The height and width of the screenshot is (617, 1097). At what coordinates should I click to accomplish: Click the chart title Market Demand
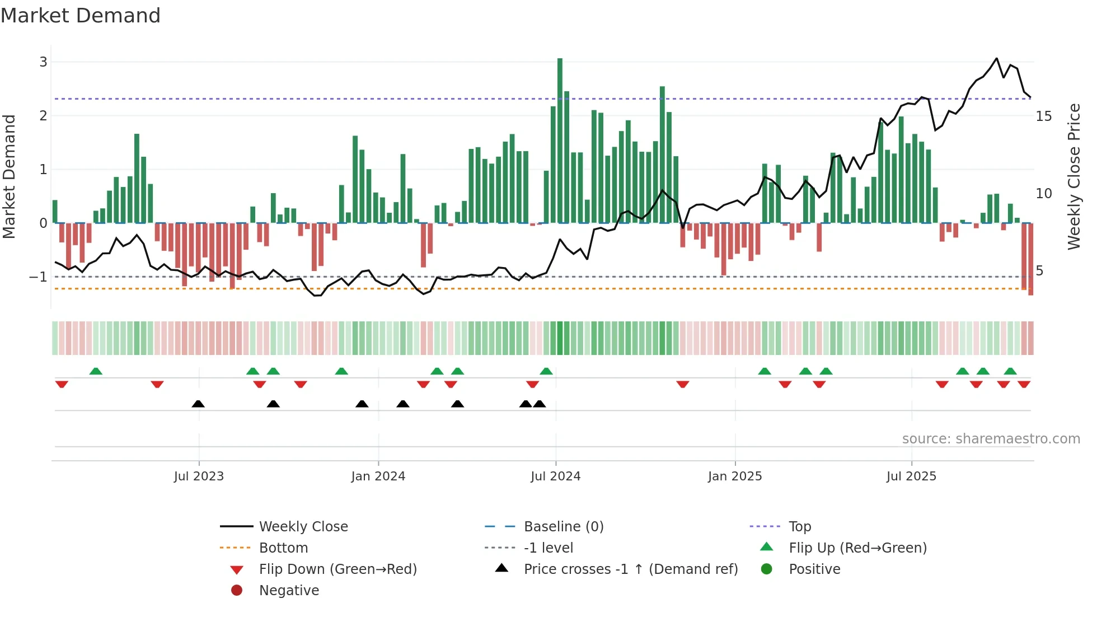pos(81,16)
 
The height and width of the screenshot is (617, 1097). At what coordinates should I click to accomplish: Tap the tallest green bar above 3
pos(560,140)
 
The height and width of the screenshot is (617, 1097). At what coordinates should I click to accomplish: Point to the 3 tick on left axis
pos(43,62)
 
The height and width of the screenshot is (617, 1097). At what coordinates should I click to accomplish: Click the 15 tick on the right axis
pos(1044,116)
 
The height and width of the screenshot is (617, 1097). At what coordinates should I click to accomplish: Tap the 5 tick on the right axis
pos(1039,271)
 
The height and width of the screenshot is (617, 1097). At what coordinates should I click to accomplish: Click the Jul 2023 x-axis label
pos(199,476)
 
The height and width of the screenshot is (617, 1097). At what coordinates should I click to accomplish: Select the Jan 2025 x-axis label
pos(735,476)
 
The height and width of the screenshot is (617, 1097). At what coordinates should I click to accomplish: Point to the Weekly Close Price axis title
pos(1073,176)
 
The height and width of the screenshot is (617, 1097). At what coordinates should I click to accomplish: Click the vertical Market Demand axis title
pos(10,176)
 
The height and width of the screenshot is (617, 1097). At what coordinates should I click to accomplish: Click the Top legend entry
pos(800,527)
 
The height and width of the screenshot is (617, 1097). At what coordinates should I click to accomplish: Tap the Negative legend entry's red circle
pos(237,591)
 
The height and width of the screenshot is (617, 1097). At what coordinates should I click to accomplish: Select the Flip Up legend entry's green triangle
pos(767,547)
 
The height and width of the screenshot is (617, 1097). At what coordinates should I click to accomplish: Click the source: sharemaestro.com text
pos(991,439)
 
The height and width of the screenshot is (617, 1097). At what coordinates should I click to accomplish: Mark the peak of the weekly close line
pos(996,58)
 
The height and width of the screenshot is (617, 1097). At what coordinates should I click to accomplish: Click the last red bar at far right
pos(1030,259)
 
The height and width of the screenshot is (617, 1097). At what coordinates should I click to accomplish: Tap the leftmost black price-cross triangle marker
pos(198,404)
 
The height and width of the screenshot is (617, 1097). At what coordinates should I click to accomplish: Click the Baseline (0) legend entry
pos(564,527)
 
